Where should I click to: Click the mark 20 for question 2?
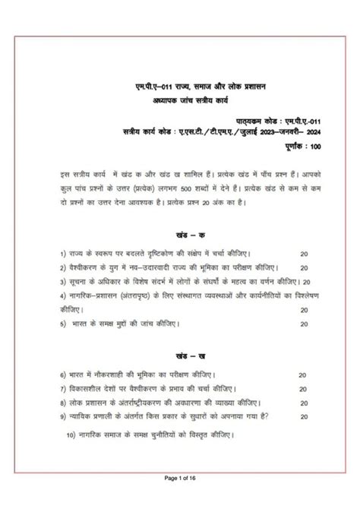[304, 267]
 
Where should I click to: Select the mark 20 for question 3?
[304, 281]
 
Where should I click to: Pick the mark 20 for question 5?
[304, 322]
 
